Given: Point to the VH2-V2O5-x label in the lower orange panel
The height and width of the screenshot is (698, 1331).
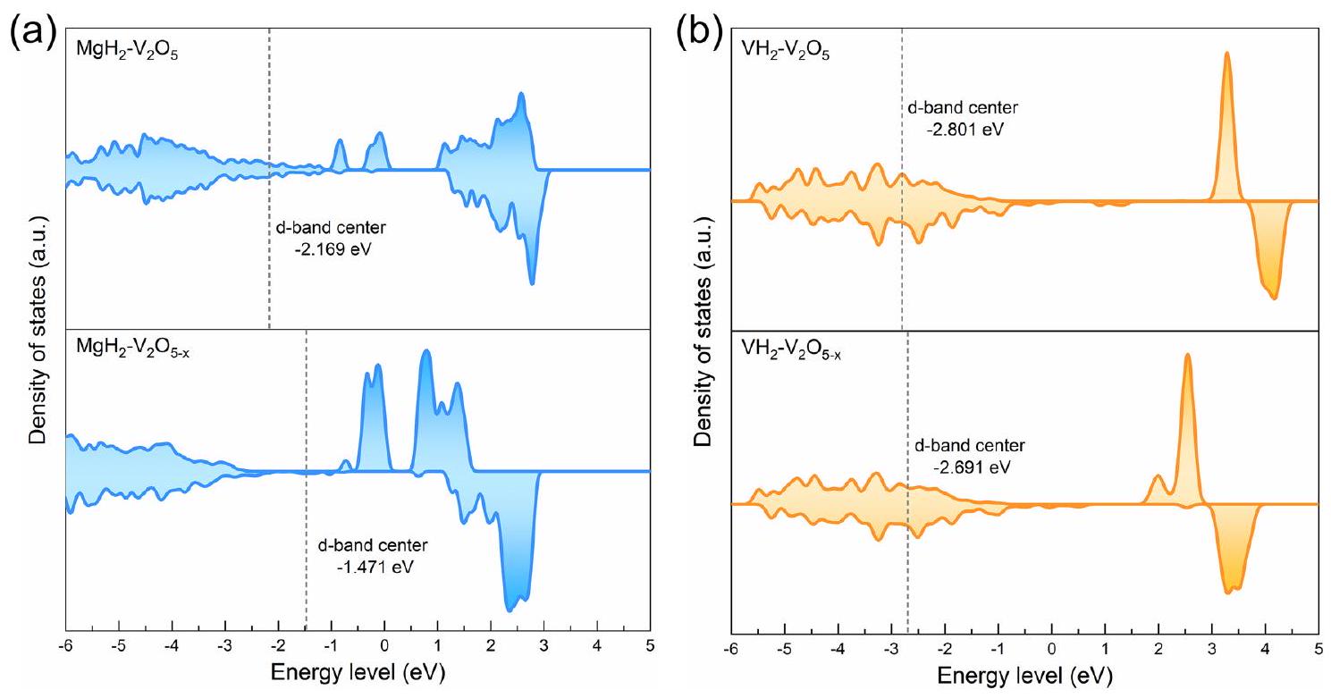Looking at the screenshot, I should [x=790, y=352].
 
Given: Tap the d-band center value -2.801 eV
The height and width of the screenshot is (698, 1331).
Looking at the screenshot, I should [x=958, y=128].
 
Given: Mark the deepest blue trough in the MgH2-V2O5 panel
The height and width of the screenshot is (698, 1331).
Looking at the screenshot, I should [x=532, y=283].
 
